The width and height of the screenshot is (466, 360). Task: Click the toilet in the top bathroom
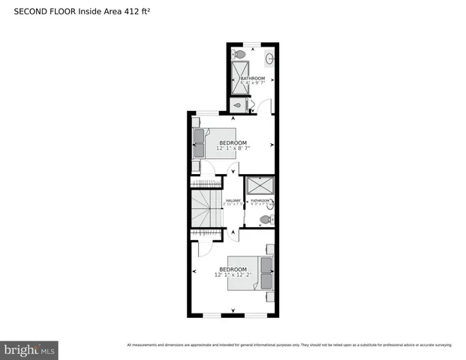(239, 54)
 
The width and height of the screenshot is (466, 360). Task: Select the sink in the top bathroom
(269, 57)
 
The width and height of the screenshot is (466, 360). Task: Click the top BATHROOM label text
(253, 78)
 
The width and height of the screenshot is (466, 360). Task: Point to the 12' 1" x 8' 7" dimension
(233, 148)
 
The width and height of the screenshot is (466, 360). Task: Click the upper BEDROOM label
(233, 142)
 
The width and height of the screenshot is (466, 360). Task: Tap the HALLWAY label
(233, 200)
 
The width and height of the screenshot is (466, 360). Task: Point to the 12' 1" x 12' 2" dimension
(235, 274)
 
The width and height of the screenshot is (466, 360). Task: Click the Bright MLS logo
(29, 349)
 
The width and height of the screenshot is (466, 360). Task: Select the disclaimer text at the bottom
(289, 345)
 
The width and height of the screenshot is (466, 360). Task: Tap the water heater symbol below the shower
(239, 105)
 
